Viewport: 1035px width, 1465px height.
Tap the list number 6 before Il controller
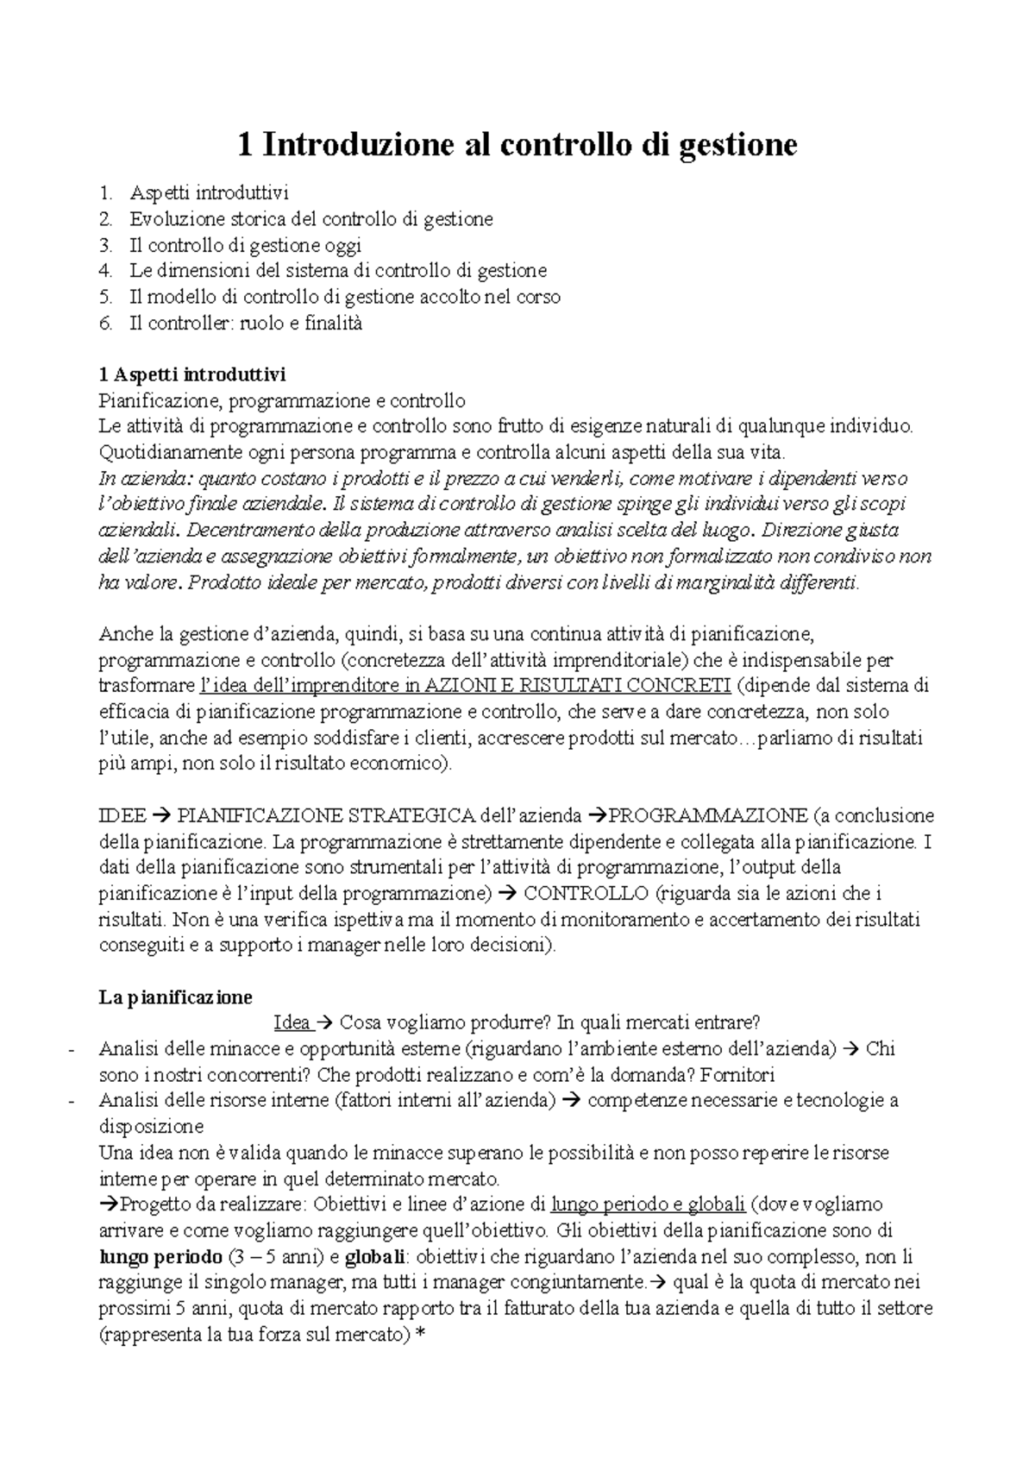click(105, 324)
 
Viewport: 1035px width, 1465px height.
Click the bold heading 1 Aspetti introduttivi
click(192, 375)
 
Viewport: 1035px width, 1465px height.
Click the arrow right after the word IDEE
click(161, 815)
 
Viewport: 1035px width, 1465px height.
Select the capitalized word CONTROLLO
click(586, 893)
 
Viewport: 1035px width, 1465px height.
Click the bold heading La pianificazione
click(176, 997)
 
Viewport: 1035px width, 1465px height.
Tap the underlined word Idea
click(291, 1023)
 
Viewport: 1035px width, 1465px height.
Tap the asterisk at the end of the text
click(420, 1334)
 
